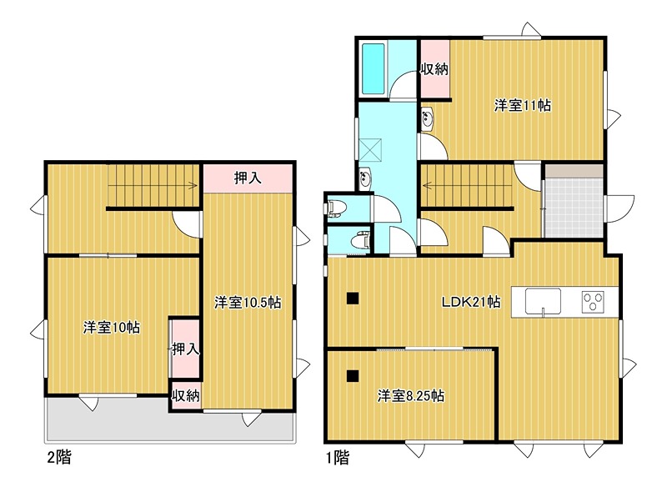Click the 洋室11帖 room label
(523, 105)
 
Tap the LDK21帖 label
(471, 302)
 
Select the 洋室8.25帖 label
(411, 396)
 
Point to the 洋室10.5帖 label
(247, 303)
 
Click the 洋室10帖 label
(112, 328)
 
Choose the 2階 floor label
(58, 457)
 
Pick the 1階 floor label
(338, 458)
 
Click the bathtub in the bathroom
(373, 69)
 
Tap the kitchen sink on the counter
(543, 302)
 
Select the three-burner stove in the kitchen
(593, 302)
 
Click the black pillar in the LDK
(353, 299)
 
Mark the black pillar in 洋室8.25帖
(353, 376)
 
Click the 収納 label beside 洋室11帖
(434, 69)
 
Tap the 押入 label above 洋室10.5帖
(248, 178)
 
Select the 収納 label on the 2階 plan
(185, 396)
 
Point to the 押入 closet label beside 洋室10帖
(185, 349)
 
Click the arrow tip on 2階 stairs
(197, 185)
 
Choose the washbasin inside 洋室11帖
(427, 118)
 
